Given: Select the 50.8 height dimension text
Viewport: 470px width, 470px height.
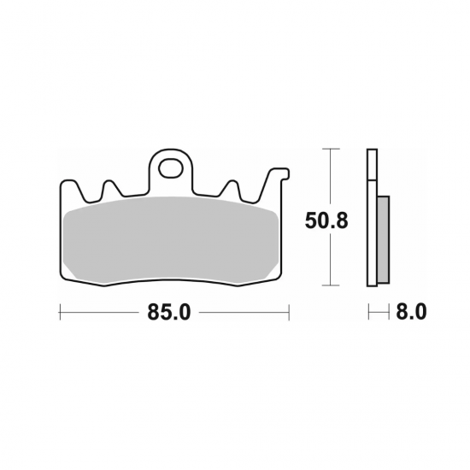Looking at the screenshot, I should pyautogui.click(x=328, y=221).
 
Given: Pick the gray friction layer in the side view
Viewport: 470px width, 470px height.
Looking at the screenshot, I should pyautogui.click(x=383, y=239).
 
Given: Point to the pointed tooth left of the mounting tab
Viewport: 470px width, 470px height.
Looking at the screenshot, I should pyautogui.click(x=109, y=185).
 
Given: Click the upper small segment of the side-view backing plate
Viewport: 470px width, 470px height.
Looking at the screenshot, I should pyautogui.click(x=371, y=165).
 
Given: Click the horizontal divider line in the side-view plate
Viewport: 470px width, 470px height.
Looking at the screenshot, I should pyautogui.click(x=371, y=180).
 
